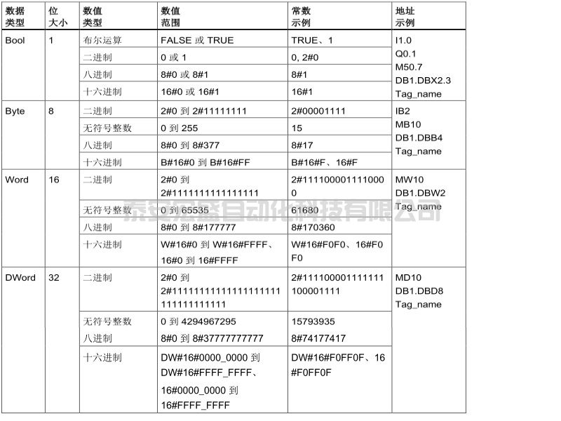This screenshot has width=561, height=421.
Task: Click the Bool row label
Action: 15,41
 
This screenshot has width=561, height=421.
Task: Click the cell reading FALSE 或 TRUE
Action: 197,41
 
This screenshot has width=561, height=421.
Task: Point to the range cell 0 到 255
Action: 180,128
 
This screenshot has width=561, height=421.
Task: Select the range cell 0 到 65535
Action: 185,210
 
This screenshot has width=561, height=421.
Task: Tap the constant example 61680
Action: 306,210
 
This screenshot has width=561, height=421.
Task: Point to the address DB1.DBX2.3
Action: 423,80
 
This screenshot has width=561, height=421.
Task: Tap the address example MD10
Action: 409,278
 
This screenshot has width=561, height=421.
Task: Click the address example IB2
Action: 404,112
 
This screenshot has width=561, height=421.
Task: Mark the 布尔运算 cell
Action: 102,41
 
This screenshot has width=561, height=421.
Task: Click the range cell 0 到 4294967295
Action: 198,321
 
